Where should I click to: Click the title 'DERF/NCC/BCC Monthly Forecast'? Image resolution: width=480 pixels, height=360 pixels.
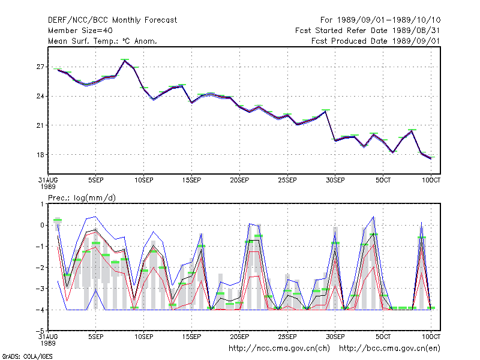112,20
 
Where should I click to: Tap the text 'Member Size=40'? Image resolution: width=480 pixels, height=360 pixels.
80,31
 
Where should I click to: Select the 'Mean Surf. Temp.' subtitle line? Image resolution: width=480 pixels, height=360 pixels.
102,41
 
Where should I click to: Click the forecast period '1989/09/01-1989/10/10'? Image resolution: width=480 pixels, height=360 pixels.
389,20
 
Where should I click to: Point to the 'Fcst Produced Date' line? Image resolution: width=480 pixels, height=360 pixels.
376,41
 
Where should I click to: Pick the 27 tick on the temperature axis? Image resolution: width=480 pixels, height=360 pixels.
40,67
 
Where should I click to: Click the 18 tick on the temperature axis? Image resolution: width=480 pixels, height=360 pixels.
40,155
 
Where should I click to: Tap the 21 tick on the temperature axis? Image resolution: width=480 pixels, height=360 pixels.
40,125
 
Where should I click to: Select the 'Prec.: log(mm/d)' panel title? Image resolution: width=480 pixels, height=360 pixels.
82,198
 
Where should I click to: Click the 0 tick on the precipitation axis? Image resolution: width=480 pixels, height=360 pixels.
42,226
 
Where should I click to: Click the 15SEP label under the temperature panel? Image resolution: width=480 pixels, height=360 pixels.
191,181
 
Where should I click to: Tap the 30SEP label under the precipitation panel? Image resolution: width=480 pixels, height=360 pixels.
335,337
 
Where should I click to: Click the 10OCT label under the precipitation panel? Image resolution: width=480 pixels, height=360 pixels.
431,337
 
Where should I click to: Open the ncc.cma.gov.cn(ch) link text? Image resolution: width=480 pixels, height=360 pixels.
279,349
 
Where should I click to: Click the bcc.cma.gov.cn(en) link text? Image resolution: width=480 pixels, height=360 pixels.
389,349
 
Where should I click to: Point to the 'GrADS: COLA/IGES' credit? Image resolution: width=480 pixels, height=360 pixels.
27,356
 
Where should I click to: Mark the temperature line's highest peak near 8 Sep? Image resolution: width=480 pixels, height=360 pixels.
125,61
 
